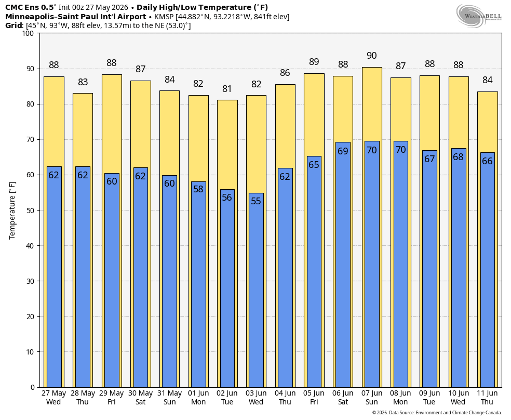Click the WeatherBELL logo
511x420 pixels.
point(479,16)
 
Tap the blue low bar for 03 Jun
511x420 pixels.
point(256,290)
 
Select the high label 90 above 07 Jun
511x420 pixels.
point(371,56)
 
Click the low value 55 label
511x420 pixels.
point(256,201)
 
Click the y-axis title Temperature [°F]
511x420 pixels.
point(12,211)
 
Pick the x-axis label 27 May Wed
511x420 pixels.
point(54,398)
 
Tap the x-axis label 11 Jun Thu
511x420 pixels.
point(487,398)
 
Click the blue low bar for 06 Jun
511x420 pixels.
point(343,265)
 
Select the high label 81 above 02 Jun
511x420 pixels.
point(227,89)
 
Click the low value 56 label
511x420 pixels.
point(227,198)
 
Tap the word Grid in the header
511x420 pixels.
point(14,25)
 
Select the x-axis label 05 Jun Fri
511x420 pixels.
point(314,398)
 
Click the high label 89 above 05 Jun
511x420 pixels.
point(314,62)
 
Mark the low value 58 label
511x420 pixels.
point(198,189)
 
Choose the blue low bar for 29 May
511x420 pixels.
point(112,281)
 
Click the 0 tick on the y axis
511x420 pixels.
point(32,387)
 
